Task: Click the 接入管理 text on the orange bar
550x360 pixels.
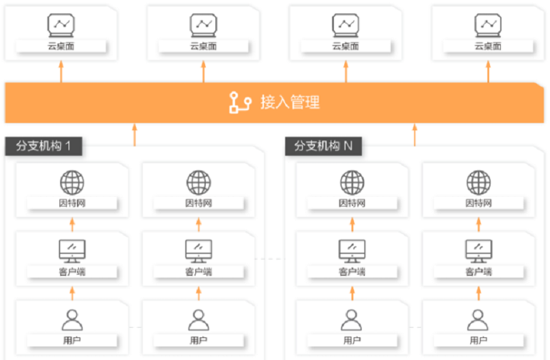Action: [x=290, y=102]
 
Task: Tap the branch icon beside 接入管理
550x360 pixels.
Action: [x=240, y=102]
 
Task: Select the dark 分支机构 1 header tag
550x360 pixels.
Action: [x=43, y=146]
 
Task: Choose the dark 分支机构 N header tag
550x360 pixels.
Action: [x=323, y=146]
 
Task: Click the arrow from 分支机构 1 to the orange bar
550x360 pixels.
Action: [x=135, y=135]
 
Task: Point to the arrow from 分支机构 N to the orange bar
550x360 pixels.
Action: [x=415, y=135]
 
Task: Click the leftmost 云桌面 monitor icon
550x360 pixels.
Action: [x=61, y=25]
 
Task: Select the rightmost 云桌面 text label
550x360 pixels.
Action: [x=488, y=47]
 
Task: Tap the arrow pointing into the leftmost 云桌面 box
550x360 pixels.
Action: [x=61, y=72]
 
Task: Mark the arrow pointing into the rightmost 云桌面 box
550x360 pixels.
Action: [x=488, y=72]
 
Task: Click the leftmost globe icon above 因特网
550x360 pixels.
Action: [x=72, y=183]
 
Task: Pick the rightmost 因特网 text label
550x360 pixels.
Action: [x=478, y=203]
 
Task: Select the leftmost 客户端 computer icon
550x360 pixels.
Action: [x=72, y=251]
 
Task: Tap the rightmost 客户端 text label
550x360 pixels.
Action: [x=478, y=271]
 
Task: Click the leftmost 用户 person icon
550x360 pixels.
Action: [x=72, y=320]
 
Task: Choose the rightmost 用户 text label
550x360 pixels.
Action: [x=478, y=340]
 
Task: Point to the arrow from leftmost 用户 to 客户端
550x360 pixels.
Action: [x=72, y=293]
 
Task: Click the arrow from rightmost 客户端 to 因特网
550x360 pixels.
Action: [x=478, y=225]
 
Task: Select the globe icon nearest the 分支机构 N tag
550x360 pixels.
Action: [x=352, y=183]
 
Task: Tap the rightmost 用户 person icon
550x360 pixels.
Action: [x=478, y=320]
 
